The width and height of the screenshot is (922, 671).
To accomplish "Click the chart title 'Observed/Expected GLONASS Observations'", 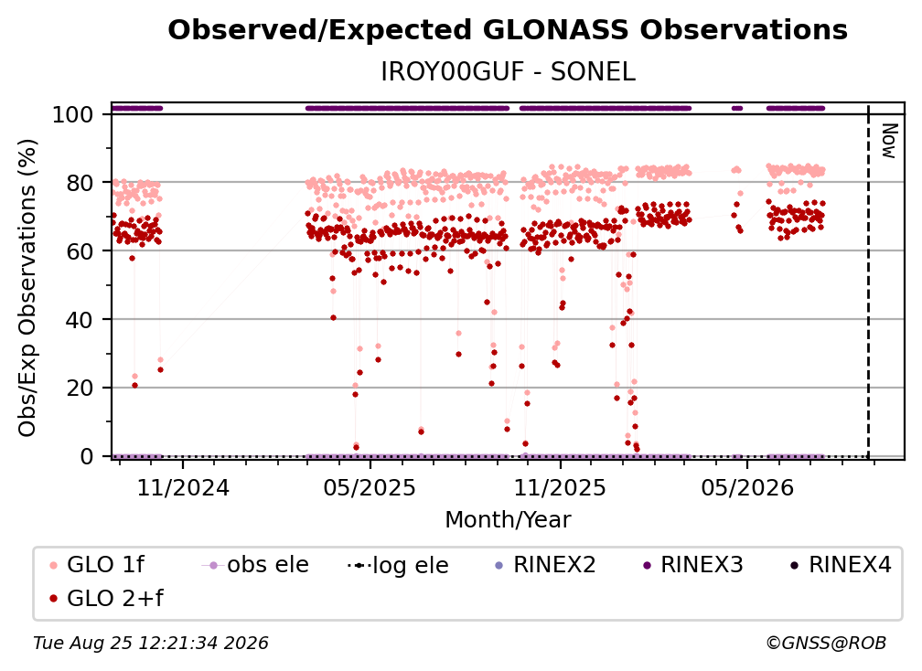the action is click(x=508, y=30).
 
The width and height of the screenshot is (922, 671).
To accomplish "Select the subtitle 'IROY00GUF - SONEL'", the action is click(x=508, y=72).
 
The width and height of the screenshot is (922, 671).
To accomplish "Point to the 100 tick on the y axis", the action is click(x=73, y=114).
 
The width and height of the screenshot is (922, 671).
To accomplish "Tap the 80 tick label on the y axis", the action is click(x=80, y=183).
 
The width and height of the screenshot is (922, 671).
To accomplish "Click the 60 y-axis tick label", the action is click(x=80, y=250).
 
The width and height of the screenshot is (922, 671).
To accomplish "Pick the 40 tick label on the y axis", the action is click(x=80, y=320).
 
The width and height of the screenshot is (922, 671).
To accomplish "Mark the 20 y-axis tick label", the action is click(x=80, y=388).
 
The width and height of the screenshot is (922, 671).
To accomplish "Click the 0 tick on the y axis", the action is click(x=87, y=456).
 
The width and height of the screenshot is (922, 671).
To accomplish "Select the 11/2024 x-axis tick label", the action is click(x=183, y=487).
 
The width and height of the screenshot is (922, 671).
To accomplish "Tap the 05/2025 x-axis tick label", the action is click(x=370, y=487).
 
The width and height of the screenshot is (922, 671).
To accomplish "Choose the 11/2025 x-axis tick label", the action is click(x=560, y=487).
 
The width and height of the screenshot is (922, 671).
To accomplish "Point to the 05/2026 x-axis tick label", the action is click(x=747, y=487).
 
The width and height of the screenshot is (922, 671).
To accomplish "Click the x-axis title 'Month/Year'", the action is click(x=508, y=520).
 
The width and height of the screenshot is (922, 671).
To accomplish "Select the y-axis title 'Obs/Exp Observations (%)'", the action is click(x=27, y=288).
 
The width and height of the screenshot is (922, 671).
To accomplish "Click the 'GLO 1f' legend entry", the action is click(x=97, y=565).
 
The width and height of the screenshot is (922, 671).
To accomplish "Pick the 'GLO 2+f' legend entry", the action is click(x=106, y=598).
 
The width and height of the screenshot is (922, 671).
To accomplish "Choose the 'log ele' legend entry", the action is click(x=398, y=565).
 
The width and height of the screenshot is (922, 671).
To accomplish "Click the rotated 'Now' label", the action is click(x=889, y=141).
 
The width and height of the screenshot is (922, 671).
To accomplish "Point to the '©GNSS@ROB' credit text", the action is click(x=826, y=644).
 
